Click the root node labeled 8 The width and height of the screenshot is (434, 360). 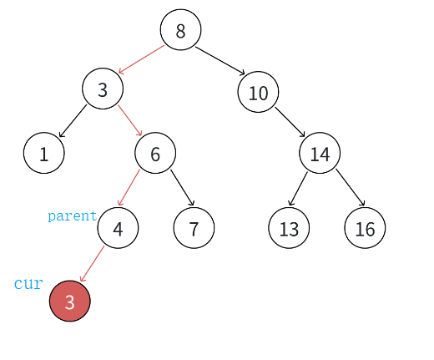point(180,30)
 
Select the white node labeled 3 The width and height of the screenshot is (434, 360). point(103,89)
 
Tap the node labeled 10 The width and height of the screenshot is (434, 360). point(258,92)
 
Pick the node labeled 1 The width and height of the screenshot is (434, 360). point(44,153)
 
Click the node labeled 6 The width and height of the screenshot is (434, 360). point(155,153)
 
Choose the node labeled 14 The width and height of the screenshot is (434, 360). point(320,153)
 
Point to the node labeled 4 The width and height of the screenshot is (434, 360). point(118,228)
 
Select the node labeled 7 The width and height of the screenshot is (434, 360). point(194,228)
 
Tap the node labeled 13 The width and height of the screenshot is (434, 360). point(289,228)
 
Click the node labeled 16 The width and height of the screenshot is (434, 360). point(365,228)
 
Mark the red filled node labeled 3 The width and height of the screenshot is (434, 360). point(70,301)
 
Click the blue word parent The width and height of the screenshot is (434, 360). point(72,216)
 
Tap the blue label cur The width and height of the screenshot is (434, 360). point(28,284)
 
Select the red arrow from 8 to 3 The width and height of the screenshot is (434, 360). point(141,59)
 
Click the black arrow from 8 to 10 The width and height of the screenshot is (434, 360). point(220,61)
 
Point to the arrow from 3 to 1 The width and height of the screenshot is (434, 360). point(73,121)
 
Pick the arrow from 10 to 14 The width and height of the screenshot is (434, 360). point(290,122)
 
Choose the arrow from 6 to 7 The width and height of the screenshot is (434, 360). point(182,188)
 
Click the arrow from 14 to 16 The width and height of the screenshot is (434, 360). point(351,187)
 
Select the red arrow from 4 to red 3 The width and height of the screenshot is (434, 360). point(92,264)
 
